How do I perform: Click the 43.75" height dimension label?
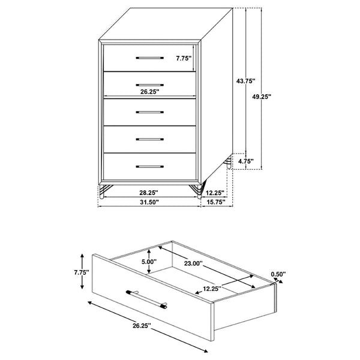246,81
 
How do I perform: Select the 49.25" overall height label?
262,97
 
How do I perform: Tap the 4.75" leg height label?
246,161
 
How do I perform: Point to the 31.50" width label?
149,202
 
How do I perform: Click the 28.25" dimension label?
149,193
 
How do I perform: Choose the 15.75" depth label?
216,202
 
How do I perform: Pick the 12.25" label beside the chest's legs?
215,193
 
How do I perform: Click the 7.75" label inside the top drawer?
184,58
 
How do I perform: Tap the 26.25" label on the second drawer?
149,92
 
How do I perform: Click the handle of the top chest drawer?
149,58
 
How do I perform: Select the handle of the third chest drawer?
149,112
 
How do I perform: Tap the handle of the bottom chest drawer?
149,166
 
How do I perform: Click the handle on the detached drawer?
146,299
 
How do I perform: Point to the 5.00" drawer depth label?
149,262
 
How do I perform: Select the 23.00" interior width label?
193,263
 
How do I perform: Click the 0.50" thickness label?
278,274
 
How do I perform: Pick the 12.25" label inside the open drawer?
212,289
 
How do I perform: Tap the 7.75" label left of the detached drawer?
82,272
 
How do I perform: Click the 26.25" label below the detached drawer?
142,326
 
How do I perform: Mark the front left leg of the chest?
103,191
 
